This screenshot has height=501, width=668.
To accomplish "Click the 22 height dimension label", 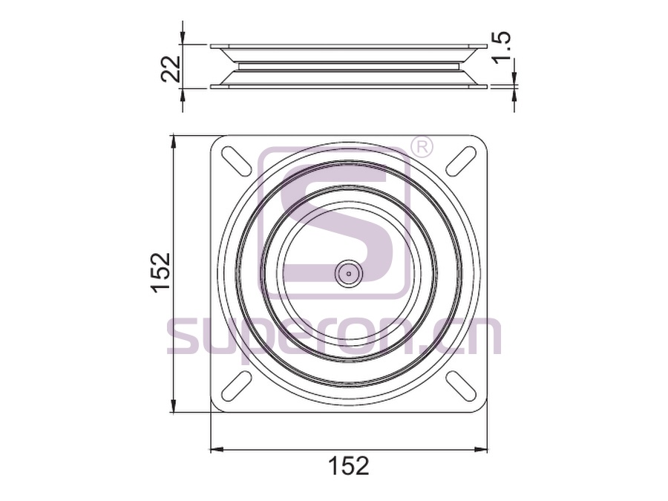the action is (171, 68).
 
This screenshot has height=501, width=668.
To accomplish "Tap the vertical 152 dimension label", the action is (161, 272).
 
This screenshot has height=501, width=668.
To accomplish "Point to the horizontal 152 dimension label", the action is (349, 465).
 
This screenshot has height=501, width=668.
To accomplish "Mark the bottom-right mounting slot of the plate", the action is (462, 385).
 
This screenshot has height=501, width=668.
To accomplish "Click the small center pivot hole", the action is (349, 273).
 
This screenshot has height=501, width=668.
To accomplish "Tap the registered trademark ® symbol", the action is (421, 148).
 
